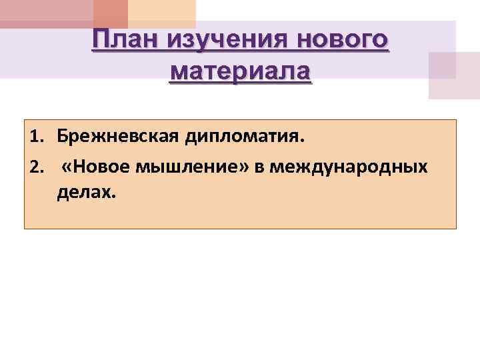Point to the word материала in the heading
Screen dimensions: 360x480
[240, 70]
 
